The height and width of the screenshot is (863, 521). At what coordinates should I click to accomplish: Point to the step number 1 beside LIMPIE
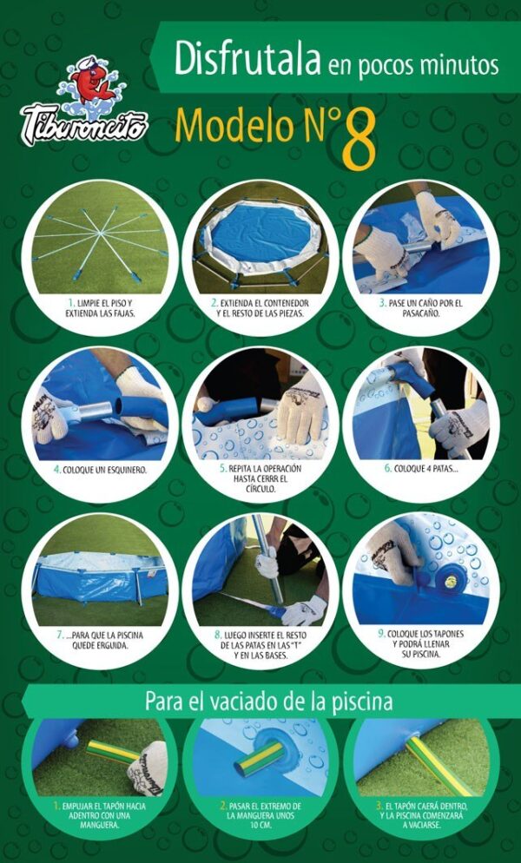71,303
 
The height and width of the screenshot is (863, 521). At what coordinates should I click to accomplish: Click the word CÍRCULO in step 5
260,488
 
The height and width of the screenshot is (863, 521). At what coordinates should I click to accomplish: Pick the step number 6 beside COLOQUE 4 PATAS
388,469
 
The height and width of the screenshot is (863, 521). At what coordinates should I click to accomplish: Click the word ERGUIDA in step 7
115,644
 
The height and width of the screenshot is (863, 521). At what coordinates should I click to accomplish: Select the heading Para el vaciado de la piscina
268,702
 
